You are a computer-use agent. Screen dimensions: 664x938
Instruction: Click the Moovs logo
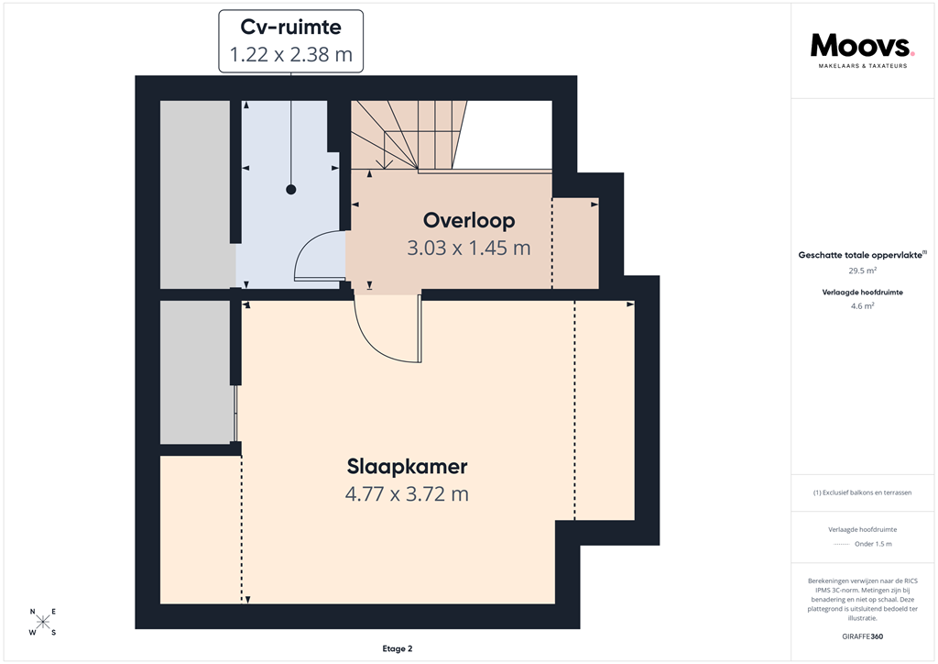pyautogui.click(x=862, y=46)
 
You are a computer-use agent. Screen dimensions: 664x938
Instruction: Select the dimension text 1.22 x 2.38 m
pyautogui.click(x=290, y=54)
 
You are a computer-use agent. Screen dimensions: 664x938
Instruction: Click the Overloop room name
pyautogui.click(x=468, y=221)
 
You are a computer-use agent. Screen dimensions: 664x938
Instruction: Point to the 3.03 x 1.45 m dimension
pyautogui.click(x=468, y=248)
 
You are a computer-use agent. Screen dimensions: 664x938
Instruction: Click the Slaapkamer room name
pyautogui.click(x=407, y=467)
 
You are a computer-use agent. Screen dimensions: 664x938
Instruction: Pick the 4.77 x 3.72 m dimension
pyautogui.click(x=407, y=494)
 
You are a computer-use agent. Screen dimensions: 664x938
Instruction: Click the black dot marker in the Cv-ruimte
pyautogui.click(x=291, y=190)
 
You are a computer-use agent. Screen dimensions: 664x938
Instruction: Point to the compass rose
pyautogui.click(x=42, y=622)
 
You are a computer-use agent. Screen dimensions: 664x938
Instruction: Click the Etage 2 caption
pyautogui.click(x=397, y=648)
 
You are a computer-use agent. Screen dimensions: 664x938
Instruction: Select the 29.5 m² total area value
pyautogui.click(x=862, y=271)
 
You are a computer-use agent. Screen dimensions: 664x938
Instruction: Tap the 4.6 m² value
pyautogui.click(x=862, y=306)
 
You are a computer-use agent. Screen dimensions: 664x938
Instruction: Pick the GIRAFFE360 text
pyautogui.click(x=862, y=636)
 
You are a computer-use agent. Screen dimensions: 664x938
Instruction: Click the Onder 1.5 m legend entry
pyautogui.click(x=873, y=544)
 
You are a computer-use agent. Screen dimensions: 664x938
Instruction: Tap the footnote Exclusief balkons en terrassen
pyautogui.click(x=862, y=492)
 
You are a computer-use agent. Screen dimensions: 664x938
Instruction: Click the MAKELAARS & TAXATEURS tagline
pyautogui.click(x=862, y=66)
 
